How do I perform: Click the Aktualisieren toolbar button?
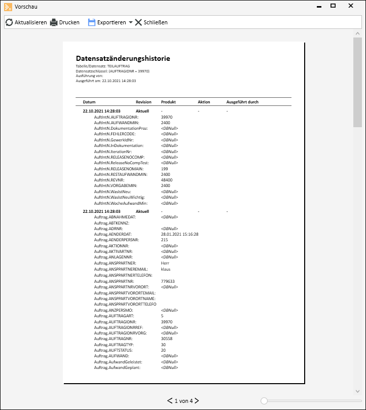coord(26,22)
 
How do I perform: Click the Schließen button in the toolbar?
coord(151,22)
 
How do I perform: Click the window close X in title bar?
coord(351,6)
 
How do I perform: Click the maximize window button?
coord(333,6)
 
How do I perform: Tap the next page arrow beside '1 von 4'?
coord(197,401)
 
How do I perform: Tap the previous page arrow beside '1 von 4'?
coord(170,401)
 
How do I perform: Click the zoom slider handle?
coord(264,401)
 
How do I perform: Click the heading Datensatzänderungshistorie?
coord(123,58)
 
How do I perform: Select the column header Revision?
coord(143,102)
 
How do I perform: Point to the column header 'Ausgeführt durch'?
coord(242,102)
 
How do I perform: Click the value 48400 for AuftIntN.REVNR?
coord(166,180)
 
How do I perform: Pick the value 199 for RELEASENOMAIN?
coord(164,168)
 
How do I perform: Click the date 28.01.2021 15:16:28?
coord(179,234)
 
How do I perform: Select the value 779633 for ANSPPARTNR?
coord(167,281)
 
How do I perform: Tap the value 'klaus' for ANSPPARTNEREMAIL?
coord(165,269)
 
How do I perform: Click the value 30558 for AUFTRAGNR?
coord(166,339)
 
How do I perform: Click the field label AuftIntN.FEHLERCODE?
coord(115,134)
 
